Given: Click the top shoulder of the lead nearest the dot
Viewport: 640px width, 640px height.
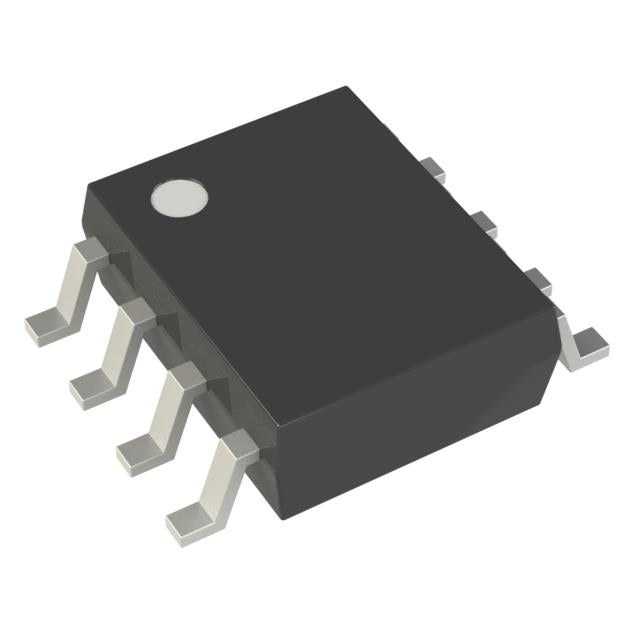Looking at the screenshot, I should pyautogui.click(x=90, y=252).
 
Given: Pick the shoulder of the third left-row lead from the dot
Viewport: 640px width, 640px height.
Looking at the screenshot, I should pyautogui.click(x=185, y=377).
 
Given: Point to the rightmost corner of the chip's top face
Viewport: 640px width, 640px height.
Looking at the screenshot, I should pyautogui.click(x=556, y=312).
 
